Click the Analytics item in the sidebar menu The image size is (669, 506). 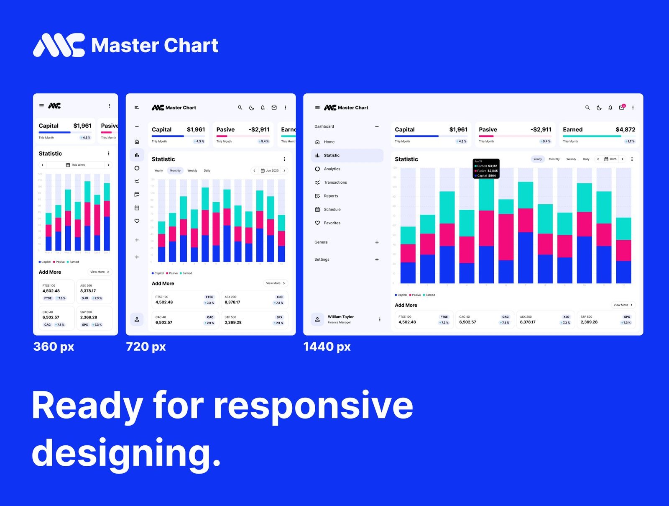point(332,169)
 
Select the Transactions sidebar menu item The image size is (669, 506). point(335,182)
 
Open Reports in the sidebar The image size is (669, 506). point(331,196)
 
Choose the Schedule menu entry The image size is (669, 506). point(332,209)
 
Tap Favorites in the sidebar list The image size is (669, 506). point(332,223)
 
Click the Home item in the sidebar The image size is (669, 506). point(329,142)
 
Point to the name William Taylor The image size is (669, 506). point(340,317)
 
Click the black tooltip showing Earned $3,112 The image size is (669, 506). point(486,169)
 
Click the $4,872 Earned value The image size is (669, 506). point(625,130)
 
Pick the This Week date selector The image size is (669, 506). point(76,165)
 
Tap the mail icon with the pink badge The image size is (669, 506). point(622,108)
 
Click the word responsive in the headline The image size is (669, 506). point(313,405)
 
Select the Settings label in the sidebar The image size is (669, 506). point(322,259)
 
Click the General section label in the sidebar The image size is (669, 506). point(321,242)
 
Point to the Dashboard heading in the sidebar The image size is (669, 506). point(324,126)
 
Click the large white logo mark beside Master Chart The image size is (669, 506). point(59,45)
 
